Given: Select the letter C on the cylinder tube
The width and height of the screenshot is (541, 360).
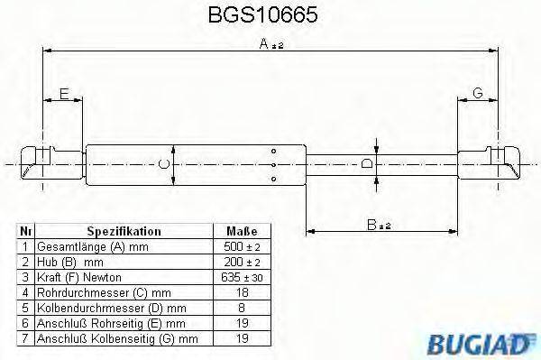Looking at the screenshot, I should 162,164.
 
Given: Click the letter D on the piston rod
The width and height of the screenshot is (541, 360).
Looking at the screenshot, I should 366,164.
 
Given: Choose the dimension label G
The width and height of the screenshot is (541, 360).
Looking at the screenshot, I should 477,93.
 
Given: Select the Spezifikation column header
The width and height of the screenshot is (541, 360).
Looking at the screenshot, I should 124,232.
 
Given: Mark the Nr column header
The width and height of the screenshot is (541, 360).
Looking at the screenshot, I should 25,232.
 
